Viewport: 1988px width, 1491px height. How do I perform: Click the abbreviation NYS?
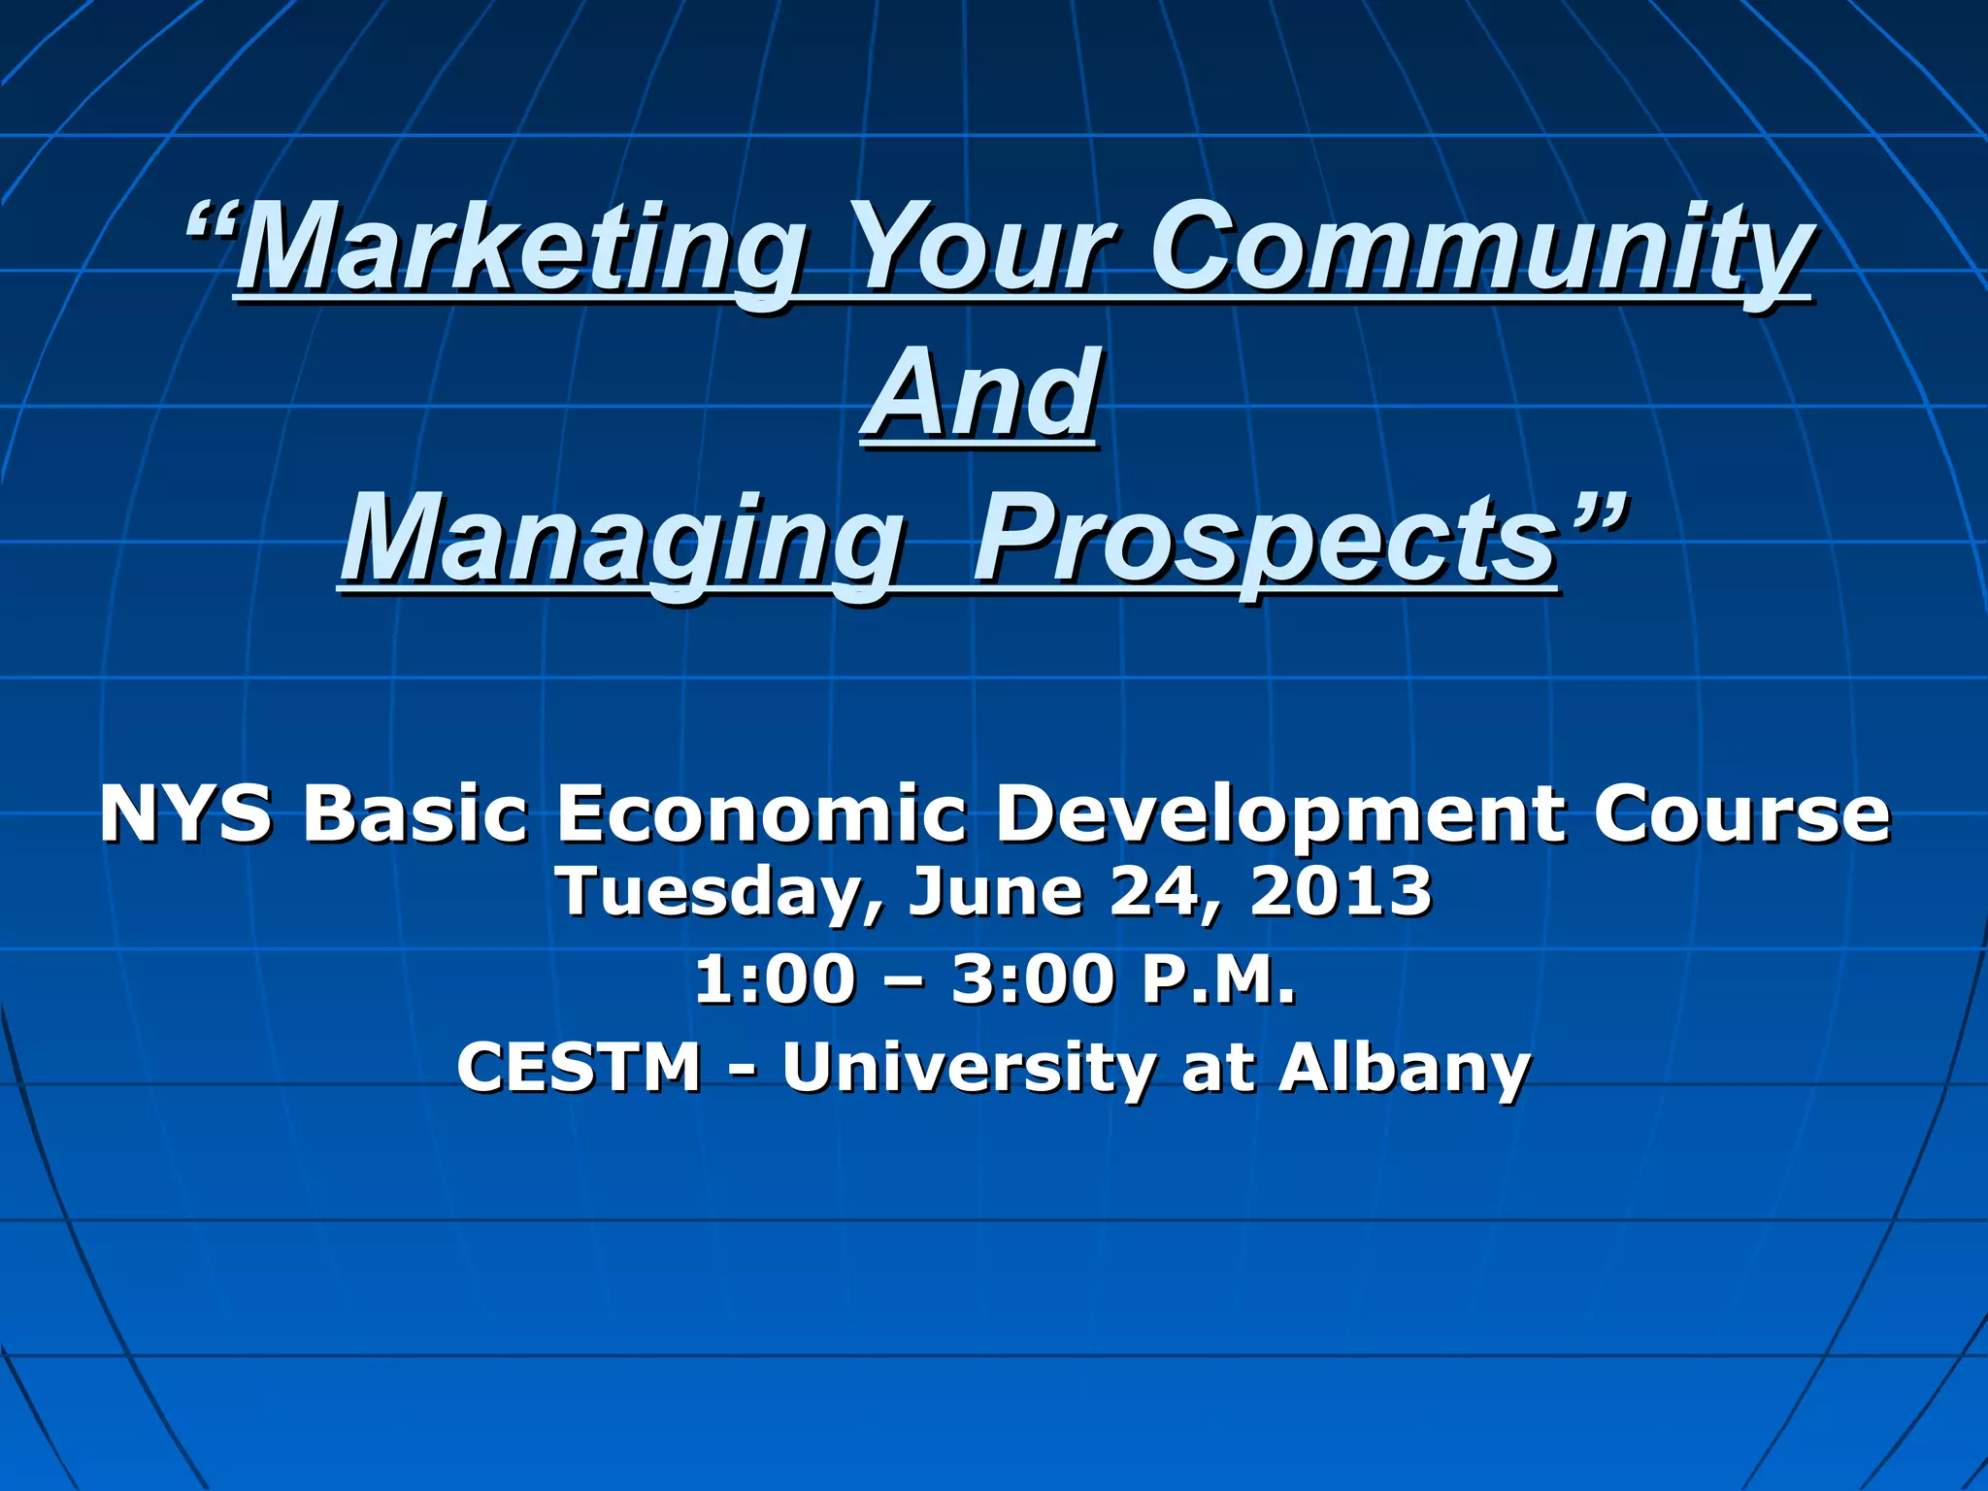(185, 813)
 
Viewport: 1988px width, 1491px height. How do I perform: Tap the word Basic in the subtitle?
(414, 813)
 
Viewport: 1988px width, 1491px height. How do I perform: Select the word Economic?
(761, 813)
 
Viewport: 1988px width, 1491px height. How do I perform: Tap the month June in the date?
(995, 891)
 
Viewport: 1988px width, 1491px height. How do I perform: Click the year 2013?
(1341, 891)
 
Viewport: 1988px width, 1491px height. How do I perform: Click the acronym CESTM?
(579, 1067)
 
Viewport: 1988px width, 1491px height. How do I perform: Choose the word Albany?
(1404, 1069)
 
